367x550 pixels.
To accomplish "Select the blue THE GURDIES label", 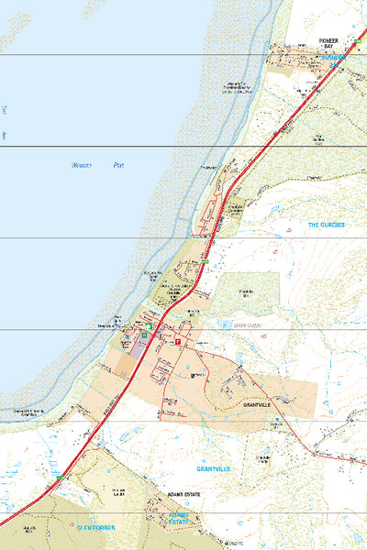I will (326, 225).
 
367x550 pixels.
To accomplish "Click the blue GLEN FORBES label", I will (96, 528).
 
